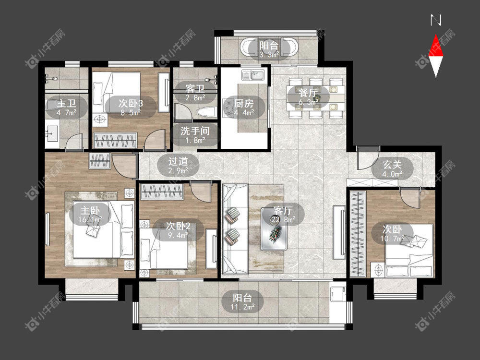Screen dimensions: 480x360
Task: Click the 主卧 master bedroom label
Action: [90, 210]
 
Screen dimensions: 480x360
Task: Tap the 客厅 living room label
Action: [283, 211]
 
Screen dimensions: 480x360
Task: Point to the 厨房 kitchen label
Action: [244, 104]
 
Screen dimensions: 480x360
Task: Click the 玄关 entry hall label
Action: [392, 165]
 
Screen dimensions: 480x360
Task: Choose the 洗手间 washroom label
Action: [195, 131]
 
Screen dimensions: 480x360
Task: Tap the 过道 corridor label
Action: [178, 161]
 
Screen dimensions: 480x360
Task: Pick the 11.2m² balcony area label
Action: [243, 307]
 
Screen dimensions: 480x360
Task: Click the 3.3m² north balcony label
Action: [269, 55]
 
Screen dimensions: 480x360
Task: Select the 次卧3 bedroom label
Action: [131, 103]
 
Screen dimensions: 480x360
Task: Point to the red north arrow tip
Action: [436, 35]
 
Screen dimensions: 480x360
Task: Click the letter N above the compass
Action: [436, 20]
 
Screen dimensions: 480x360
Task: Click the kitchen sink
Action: [253, 75]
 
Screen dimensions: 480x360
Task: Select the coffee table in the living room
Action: [274, 228]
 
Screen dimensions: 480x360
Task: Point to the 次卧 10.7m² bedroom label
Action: [392, 234]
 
